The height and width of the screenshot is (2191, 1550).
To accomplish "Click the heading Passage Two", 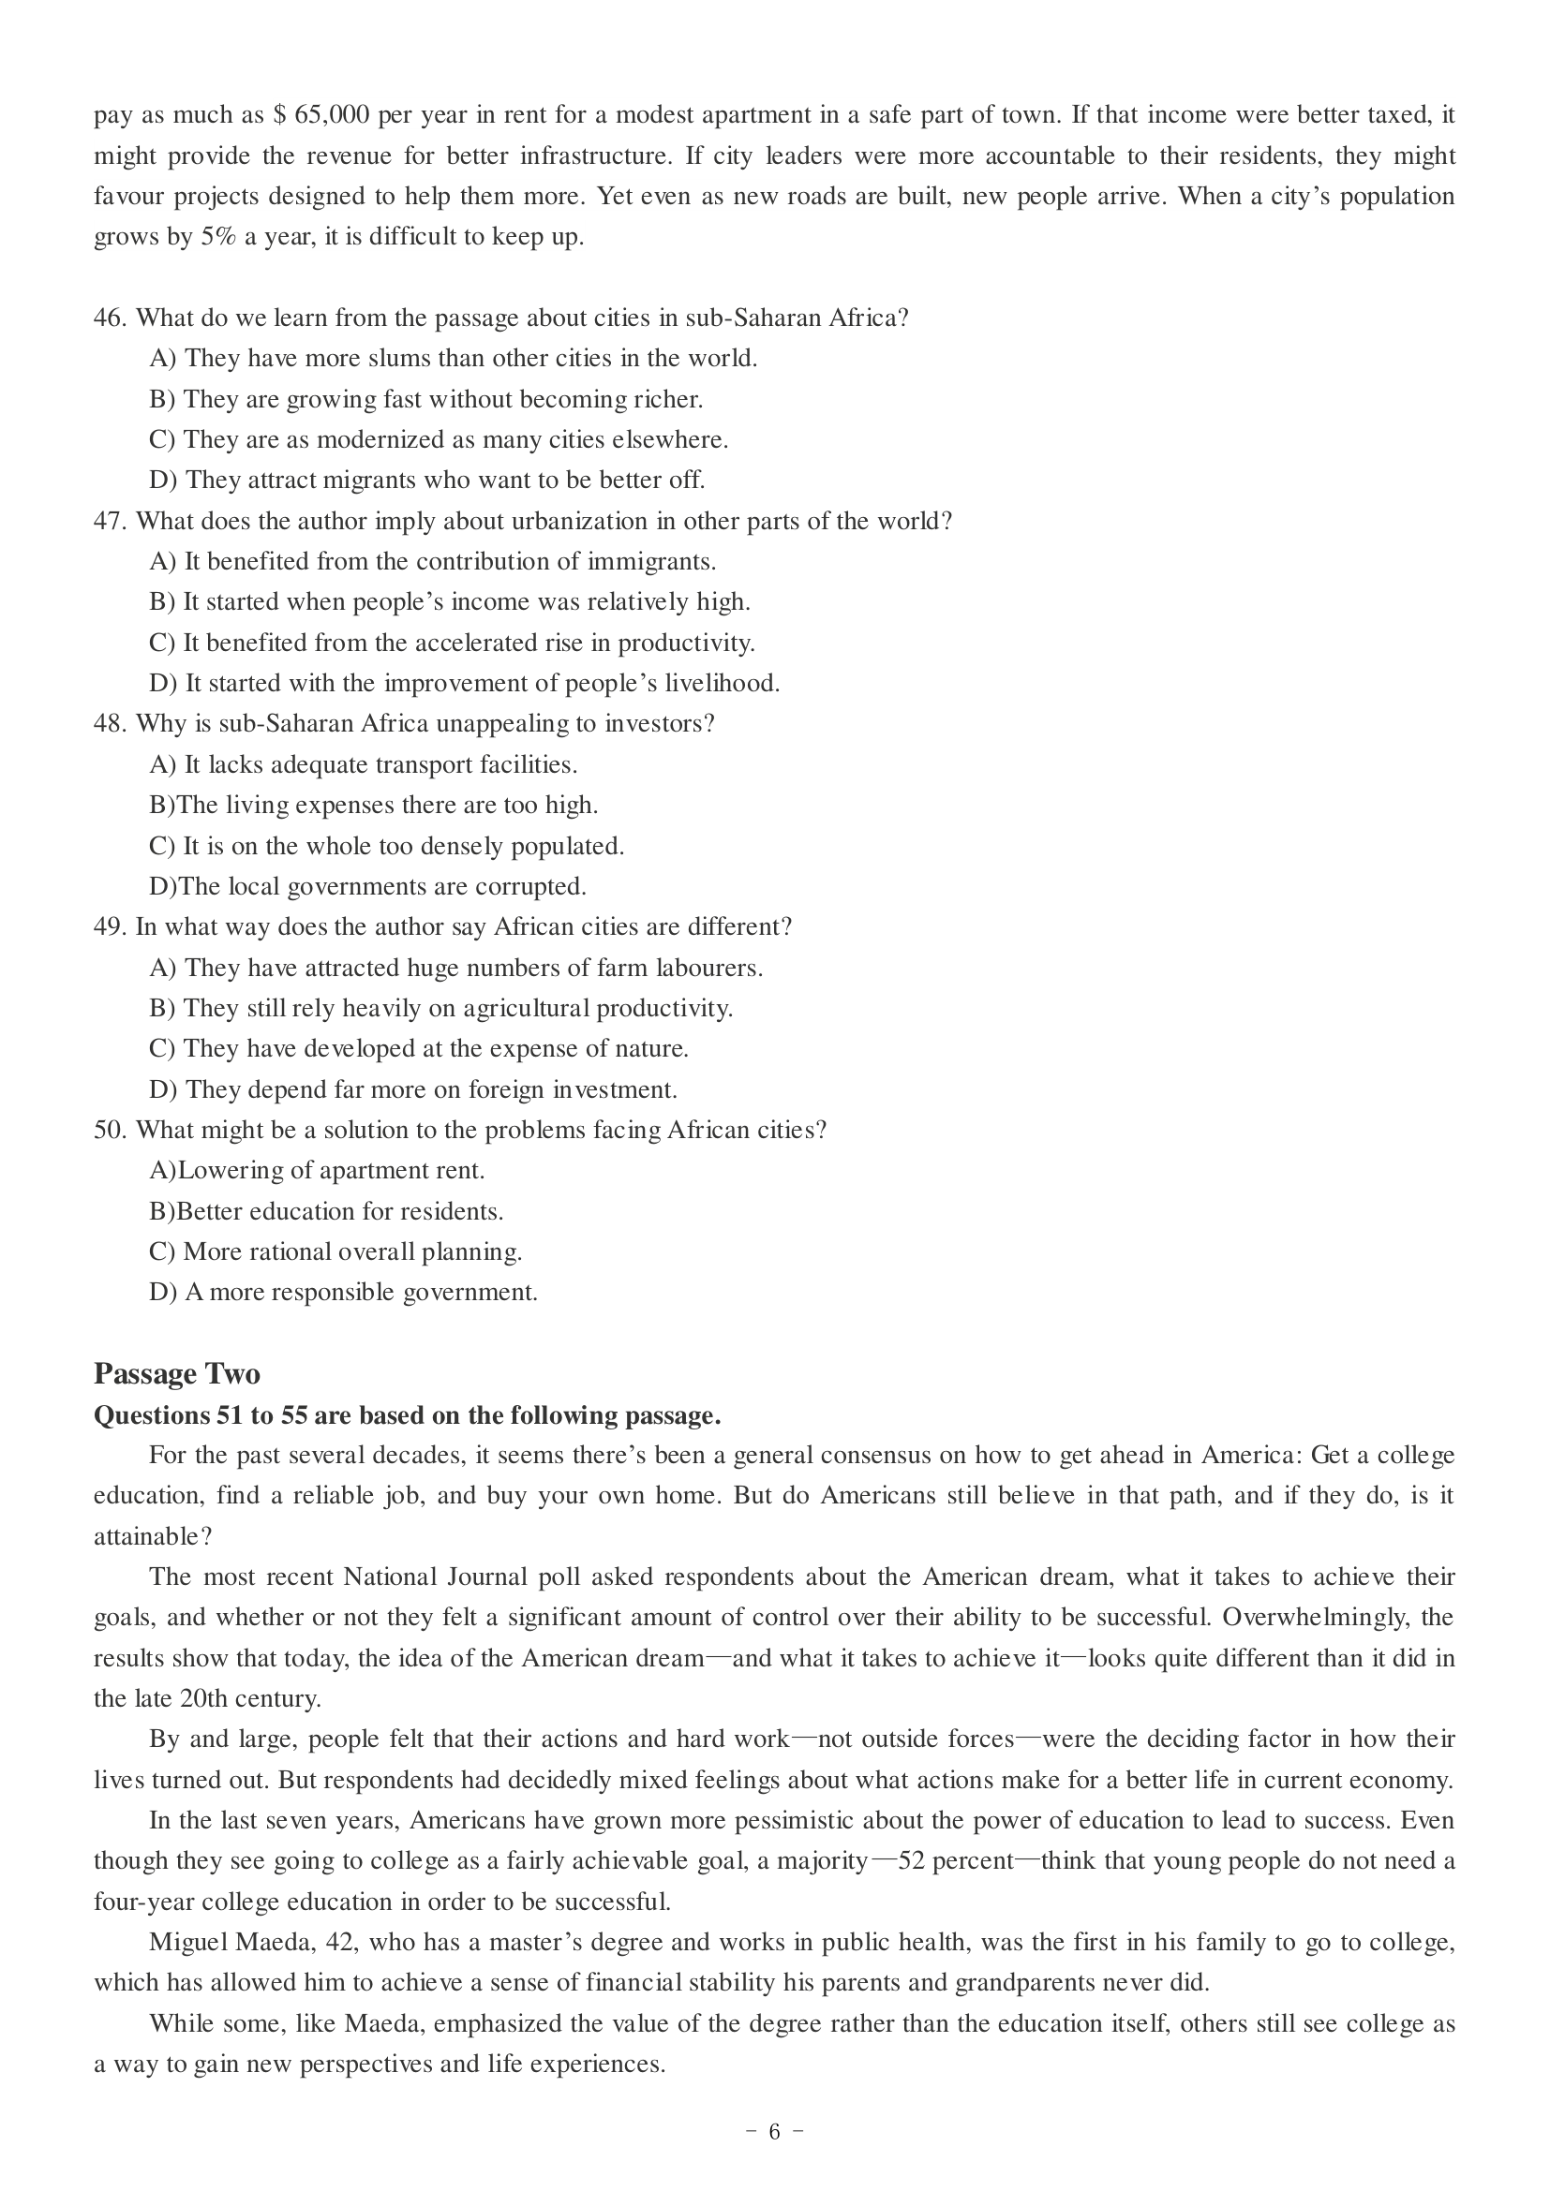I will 176,1374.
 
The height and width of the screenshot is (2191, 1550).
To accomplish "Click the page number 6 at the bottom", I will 774,2132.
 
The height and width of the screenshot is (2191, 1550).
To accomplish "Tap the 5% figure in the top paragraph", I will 218,238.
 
